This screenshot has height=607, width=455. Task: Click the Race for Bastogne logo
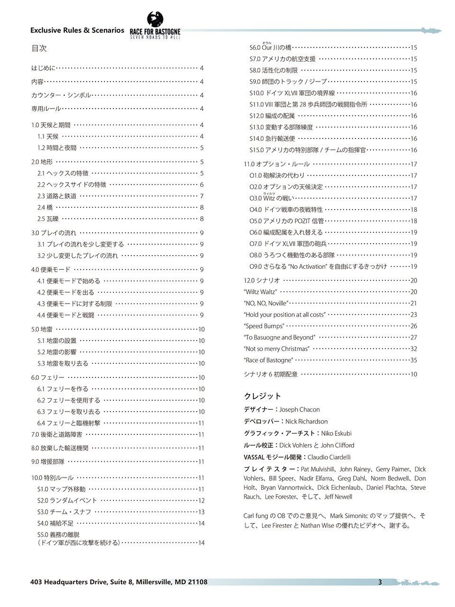coord(155,27)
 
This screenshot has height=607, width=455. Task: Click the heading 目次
coord(39,48)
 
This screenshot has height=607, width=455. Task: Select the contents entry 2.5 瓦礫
coord(48,219)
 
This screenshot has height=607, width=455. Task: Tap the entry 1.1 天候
coord(48,137)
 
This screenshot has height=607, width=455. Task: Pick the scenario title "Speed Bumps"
coord(264,326)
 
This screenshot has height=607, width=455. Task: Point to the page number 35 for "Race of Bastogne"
coord(413,360)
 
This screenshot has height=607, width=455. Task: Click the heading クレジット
coord(263,396)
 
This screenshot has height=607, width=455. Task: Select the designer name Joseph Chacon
coord(300,410)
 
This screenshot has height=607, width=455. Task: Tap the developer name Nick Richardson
coord(306,422)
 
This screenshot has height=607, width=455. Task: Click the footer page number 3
coord(380,582)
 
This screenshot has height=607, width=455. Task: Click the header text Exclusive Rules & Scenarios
coord(77,30)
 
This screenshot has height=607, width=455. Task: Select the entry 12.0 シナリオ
coord(262,281)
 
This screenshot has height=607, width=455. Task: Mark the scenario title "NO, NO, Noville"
coord(266,303)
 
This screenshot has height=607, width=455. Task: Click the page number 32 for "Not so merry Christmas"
coord(413,349)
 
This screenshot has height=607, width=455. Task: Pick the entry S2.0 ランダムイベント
coord(67,501)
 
